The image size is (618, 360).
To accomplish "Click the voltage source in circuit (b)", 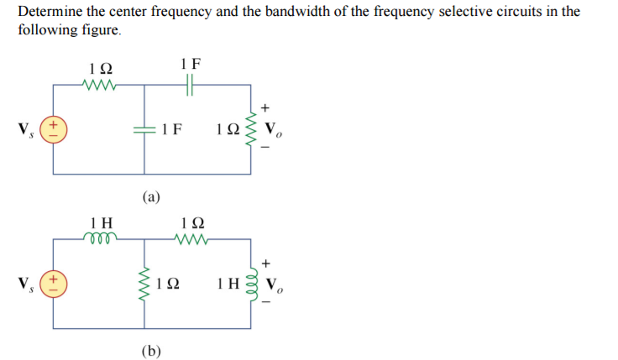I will click(x=55, y=279).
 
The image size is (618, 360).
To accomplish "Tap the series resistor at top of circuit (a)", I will click(x=101, y=85).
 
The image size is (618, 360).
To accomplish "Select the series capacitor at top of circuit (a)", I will click(x=190, y=85).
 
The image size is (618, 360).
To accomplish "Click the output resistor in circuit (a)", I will click(x=249, y=129).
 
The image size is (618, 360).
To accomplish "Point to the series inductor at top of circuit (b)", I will click(x=102, y=238).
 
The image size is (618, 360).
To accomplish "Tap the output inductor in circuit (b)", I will click(x=249, y=280).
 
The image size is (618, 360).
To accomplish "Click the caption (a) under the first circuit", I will click(x=151, y=198).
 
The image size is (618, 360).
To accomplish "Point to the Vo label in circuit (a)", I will click(x=273, y=131).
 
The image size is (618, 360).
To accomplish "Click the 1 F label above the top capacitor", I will click(x=191, y=63).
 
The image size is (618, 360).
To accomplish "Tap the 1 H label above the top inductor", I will click(x=102, y=222).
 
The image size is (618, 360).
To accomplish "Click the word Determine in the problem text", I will click(x=50, y=13).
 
